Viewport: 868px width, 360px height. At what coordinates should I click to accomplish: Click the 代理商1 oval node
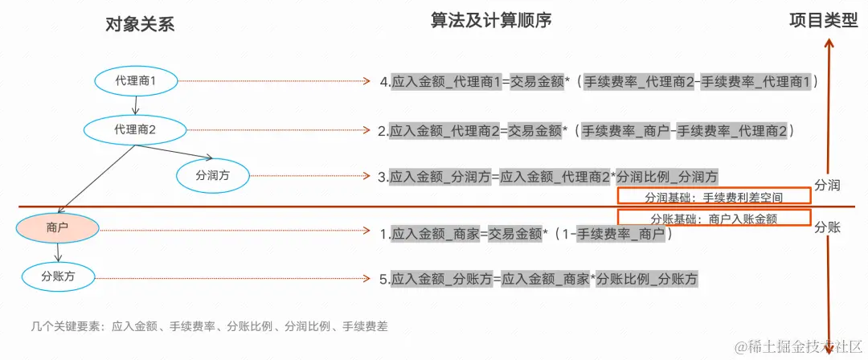point(135,81)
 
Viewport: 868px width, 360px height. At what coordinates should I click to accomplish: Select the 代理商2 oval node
point(135,129)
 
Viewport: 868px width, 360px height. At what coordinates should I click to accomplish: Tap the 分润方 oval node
point(211,175)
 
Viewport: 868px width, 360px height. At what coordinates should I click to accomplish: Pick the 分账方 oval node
point(57,276)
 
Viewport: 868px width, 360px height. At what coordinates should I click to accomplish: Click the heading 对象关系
point(140,24)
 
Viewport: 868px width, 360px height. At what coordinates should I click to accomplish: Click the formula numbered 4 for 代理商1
point(599,82)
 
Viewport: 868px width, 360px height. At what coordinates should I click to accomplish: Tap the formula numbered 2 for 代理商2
point(587,130)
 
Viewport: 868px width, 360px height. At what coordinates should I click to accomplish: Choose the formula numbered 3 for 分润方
point(548,177)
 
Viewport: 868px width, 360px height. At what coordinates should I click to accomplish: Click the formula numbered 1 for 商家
point(526,234)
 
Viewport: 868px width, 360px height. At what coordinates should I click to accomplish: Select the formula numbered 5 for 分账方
point(538,279)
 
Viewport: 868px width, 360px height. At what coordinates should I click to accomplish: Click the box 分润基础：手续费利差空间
point(714,196)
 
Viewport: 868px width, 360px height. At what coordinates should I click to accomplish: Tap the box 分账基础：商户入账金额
point(714,218)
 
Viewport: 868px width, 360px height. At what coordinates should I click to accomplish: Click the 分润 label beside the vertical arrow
point(827,186)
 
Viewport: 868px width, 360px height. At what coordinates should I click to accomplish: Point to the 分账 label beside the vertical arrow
point(827,227)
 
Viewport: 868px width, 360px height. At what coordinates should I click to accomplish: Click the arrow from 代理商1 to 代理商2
point(136,104)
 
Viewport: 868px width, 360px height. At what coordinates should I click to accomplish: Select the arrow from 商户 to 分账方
point(57,252)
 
